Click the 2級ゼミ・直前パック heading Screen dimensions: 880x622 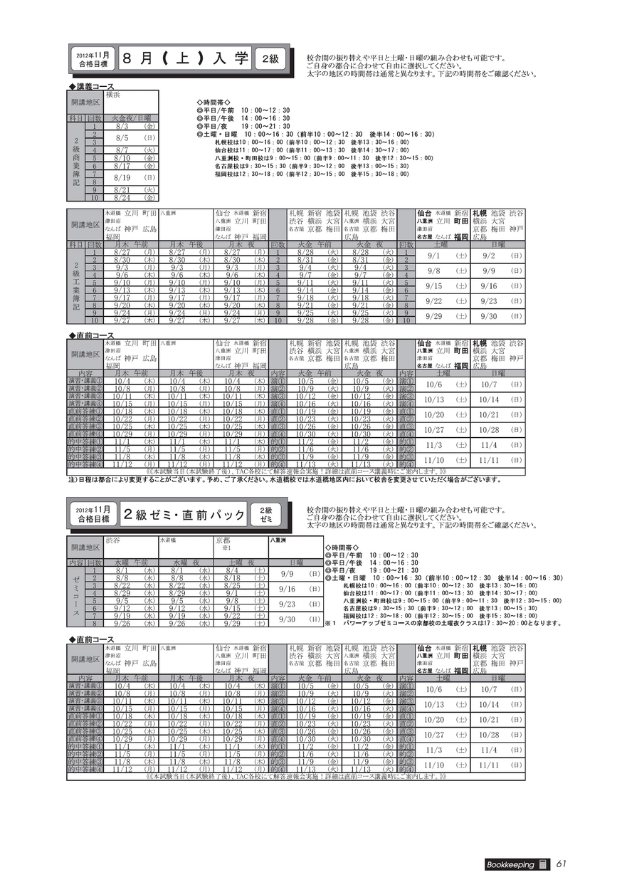coord(184,515)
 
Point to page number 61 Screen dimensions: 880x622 coord(561,864)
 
